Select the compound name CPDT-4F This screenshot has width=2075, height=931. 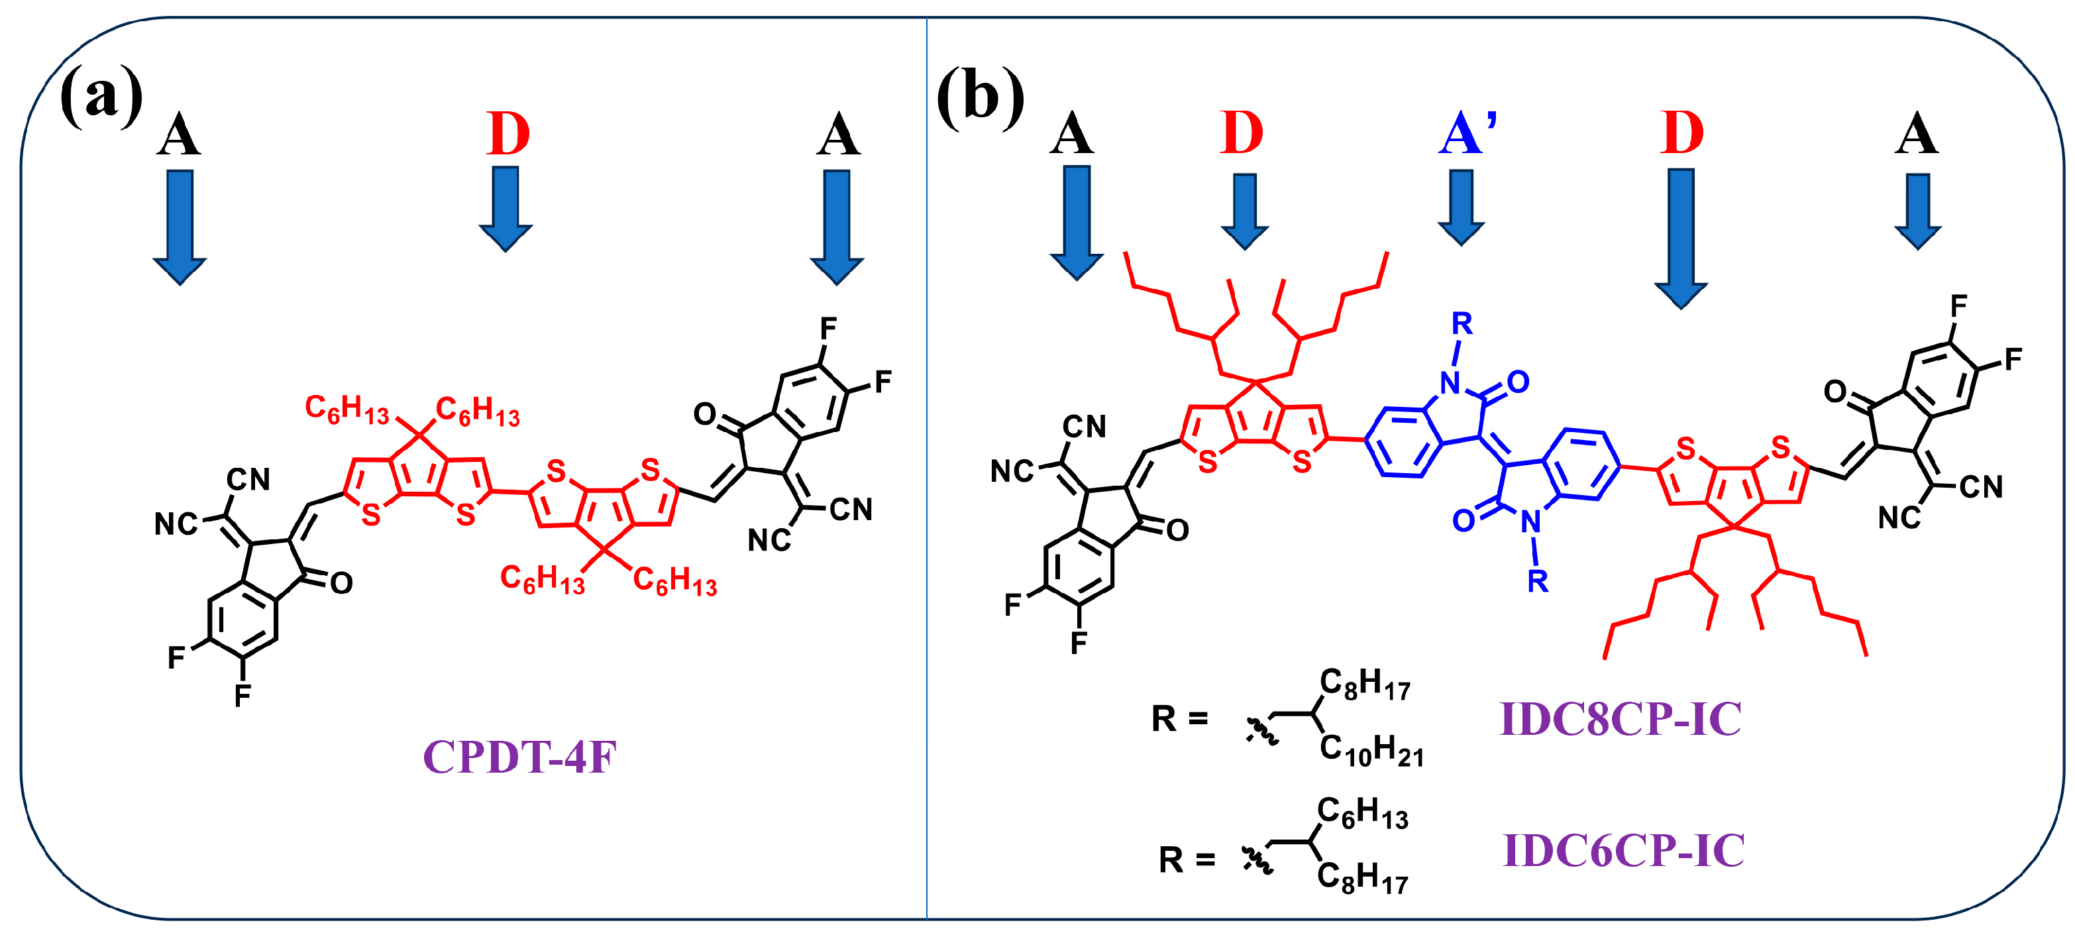tap(519, 757)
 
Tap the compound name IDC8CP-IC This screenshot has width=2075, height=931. tap(1620, 718)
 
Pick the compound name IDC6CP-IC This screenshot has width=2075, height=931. tap(1623, 849)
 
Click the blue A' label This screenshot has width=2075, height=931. tap(1467, 134)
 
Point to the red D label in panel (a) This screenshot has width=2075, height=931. tap(508, 134)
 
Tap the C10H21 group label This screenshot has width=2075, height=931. tap(1371, 750)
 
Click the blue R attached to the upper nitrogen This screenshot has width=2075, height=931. tap(1462, 324)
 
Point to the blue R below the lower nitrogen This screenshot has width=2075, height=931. tap(1538, 580)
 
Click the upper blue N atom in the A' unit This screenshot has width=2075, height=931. tap(1451, 384)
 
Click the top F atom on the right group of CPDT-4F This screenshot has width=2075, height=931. tap(828, 329)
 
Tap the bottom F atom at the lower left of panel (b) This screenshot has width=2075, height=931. tap(1079, 643)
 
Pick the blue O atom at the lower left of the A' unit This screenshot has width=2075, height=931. tap(1463, 521)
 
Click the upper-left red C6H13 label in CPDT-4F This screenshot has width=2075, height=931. tap(346, 409)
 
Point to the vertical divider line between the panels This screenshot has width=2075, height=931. tap(926, 483)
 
